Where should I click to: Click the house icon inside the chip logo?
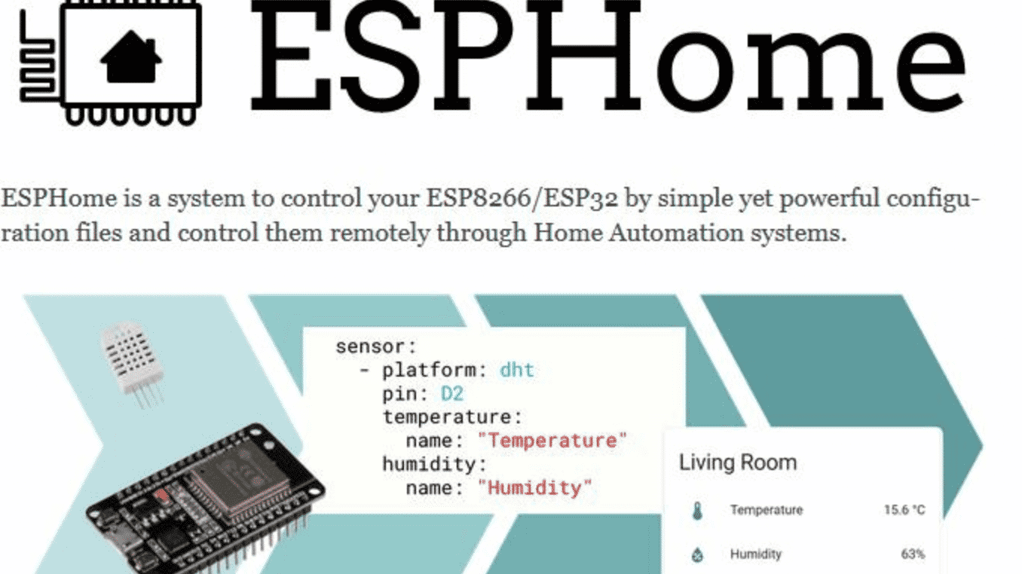[x=131, y=57]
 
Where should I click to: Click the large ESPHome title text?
[x=608, y=56]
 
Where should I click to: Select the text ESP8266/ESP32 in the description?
[x=522, y=198]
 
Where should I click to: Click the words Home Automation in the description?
[x=639, y=233]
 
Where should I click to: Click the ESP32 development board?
[x=205, y=499]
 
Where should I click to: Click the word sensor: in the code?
[x=376, y=347]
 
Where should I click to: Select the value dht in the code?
[x=517, y=370]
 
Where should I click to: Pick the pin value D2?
[x=452, y=393]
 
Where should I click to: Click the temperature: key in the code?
[x=453, y=417]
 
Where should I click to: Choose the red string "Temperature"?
[x=552, y=441]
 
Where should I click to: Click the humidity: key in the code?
[x=435, y=465]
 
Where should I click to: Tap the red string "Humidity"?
[x=534, y=488]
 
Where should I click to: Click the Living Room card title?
[x=738, y=463]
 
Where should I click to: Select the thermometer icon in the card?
[x=697, y=511]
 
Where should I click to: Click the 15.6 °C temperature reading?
[x=904, y=510]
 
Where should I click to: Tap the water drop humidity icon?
[x=697, y=554]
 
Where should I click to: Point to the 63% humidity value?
[x=913, y=554]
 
